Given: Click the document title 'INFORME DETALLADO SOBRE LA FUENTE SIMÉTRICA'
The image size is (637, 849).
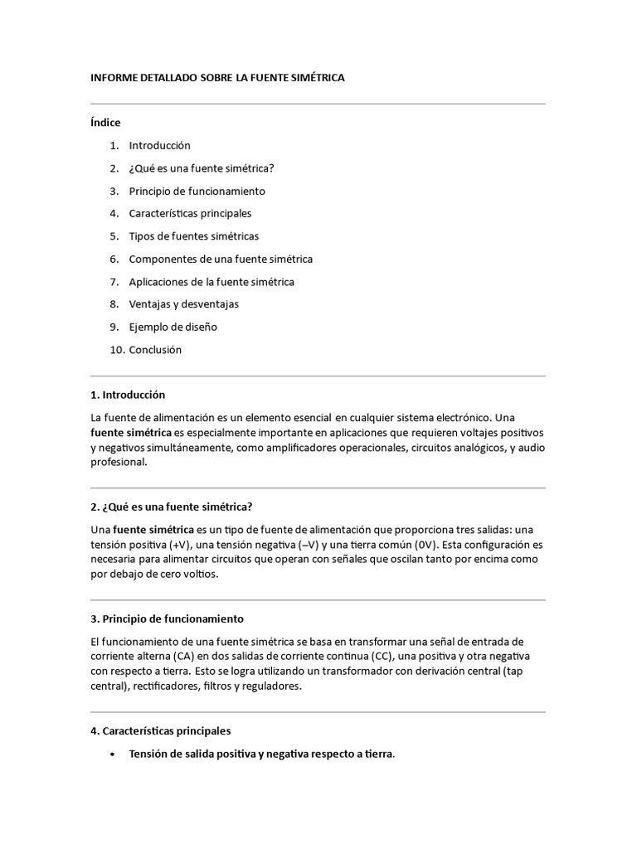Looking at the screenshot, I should point(216,78).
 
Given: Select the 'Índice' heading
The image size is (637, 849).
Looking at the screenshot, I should point(105,123).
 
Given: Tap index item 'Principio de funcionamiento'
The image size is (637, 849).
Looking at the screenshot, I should point(197,191).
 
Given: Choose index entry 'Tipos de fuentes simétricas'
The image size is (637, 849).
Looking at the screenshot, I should point(193,236).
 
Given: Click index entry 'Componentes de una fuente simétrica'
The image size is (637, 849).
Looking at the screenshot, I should point(221,259).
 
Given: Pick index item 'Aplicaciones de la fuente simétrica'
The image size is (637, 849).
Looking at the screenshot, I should point(212,282).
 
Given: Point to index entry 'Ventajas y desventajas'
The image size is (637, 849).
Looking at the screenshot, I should point(183,304).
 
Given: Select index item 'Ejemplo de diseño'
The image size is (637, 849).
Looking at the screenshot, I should point(173,327).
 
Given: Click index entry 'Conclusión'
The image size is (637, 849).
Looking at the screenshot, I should point(155,350).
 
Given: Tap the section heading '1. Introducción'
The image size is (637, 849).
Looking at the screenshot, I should point(128,395).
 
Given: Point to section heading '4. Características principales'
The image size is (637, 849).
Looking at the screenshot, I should point(160,731).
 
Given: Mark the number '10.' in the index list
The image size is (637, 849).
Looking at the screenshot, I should point(117,350).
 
